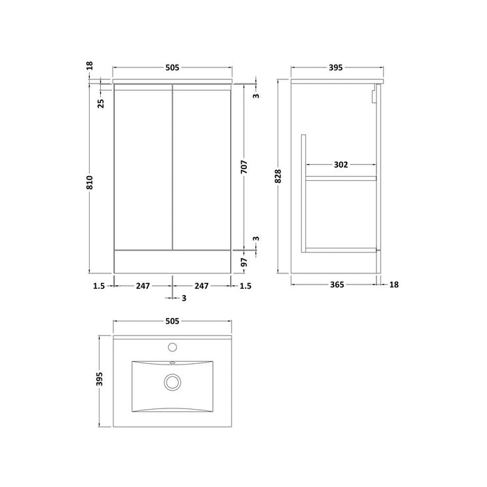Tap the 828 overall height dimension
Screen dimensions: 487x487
click(x=278, y=177)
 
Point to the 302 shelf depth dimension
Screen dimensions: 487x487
click(x=340, y=165)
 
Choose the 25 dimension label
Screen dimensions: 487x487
click(x=101, y=103)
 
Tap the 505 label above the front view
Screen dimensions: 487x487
click(x=173, y=67)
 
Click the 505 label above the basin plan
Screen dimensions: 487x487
click(x=173, y=321)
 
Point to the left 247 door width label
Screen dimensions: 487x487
click(x=143, y=285)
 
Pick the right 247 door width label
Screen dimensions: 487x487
click(x=202, y=285)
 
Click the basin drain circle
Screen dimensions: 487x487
click(x=172, y=382)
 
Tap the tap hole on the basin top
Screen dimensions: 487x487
click(x=172, y=345)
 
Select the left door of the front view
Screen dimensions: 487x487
click(x=143, y=167)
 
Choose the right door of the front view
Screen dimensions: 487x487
click(x=202, y=167)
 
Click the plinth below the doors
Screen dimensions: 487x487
click(x=173, y=260)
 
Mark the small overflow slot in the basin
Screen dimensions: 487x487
click(x=172, y=363)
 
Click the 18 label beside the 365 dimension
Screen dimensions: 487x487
click(x=395, y=285)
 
